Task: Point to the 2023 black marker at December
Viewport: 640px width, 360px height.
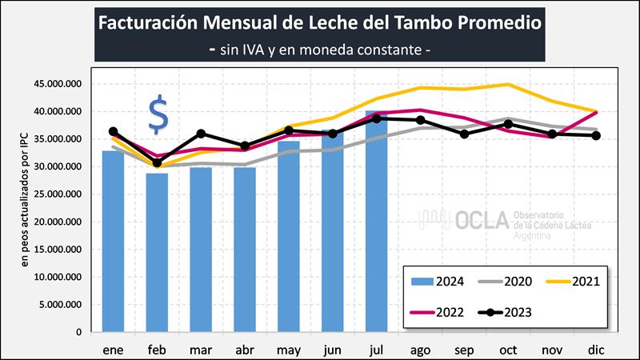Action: [x=595, y=135]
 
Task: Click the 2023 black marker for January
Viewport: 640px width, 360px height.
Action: [x=113, y=131]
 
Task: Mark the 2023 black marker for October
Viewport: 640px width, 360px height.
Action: [x=507, y=124]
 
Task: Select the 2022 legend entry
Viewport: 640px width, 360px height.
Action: [x=437, y=312]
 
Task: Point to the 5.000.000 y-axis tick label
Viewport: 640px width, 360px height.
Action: [x=63, y=304]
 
